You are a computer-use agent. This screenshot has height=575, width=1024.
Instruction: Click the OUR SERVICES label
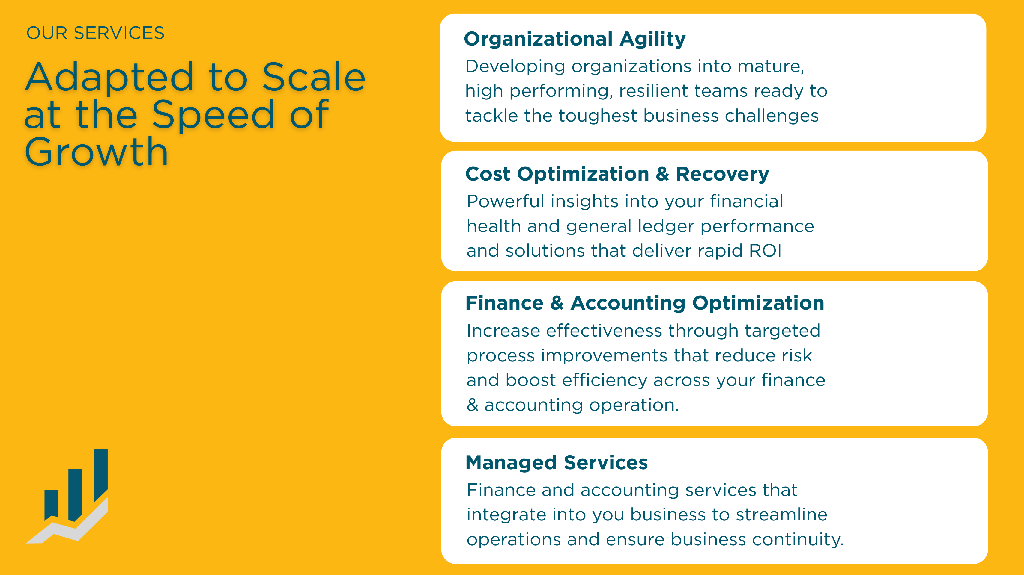(95, 33)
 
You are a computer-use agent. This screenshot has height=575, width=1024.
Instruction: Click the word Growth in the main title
(97, 152)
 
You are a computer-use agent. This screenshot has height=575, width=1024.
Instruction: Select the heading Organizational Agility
(575, 39)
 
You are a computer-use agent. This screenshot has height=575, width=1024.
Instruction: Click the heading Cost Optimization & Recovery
(617, 174)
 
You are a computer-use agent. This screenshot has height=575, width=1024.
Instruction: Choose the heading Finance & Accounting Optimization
(644, 303)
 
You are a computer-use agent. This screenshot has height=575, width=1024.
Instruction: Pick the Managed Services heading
(556, 463)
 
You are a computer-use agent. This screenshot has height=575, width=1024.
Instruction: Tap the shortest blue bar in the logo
(51, 503)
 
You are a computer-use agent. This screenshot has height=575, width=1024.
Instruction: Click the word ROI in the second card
(765, 251)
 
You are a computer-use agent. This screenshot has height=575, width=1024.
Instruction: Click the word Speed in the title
(213, 115)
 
